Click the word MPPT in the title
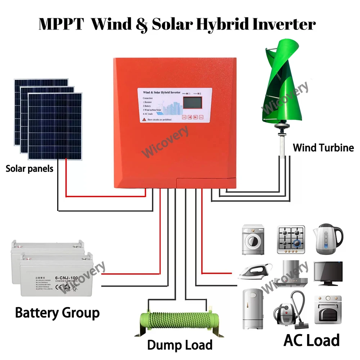[60, 24]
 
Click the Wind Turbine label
[323, 148]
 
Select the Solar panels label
[29, 168]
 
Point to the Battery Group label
[57, 312]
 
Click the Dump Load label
[180, 345]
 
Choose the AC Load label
[311, 340]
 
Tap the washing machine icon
[253, 240]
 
